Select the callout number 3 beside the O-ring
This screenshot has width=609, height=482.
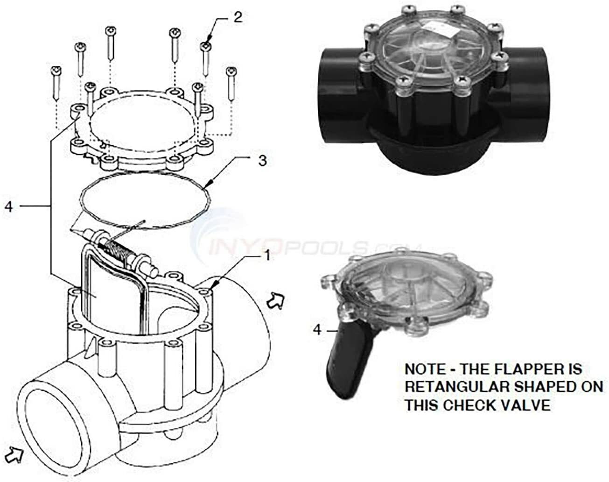[x=263, y=161]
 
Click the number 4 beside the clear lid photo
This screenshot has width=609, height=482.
[x=317, y=330]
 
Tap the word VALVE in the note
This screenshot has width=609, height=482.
[x=526, y=405]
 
